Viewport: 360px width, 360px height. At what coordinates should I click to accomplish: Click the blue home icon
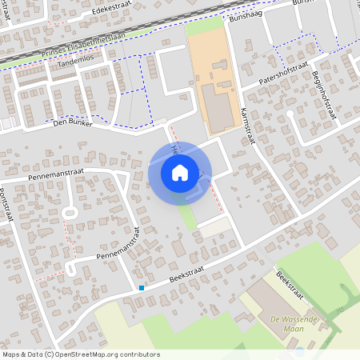point(180,173)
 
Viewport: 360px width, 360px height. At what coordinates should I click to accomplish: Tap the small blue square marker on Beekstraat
point(142,288)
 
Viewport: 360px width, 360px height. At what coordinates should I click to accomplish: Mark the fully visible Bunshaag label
point(246,16)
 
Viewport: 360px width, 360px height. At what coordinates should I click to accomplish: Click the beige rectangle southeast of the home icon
point(214,228)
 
